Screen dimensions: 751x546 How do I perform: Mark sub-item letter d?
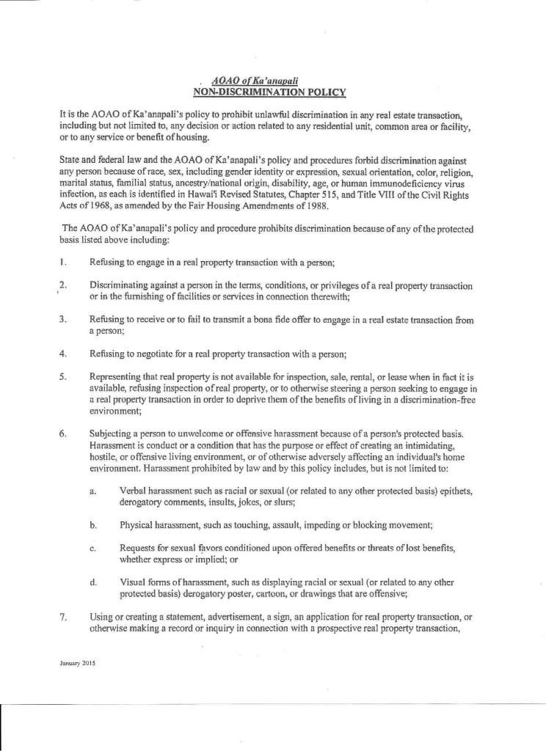(x=93, y=582)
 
